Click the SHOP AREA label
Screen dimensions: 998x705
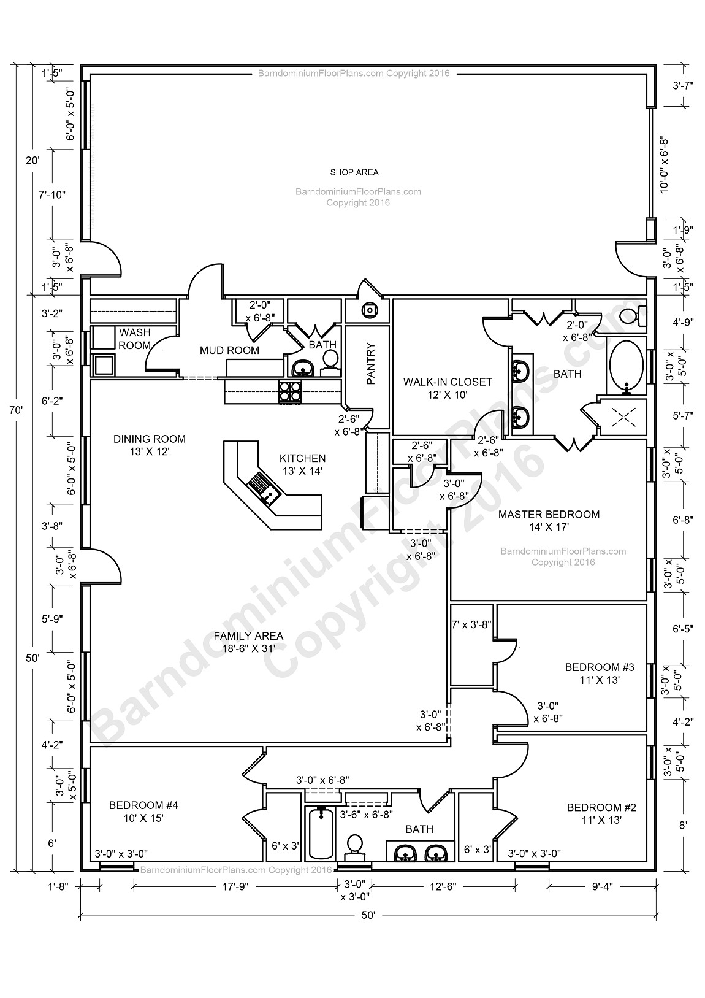354,172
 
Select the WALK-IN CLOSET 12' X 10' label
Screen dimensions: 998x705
448,388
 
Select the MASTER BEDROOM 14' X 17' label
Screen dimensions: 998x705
548,520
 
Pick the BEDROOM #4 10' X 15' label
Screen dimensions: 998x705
143,812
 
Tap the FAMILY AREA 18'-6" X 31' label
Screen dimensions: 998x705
248,642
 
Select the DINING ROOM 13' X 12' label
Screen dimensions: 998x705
150,445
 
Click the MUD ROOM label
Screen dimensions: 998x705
229,350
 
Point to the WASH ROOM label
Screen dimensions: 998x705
135,339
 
